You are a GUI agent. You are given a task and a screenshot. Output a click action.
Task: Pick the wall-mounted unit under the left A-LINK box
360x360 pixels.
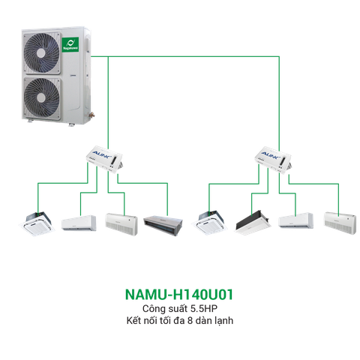tap(78, 222)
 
